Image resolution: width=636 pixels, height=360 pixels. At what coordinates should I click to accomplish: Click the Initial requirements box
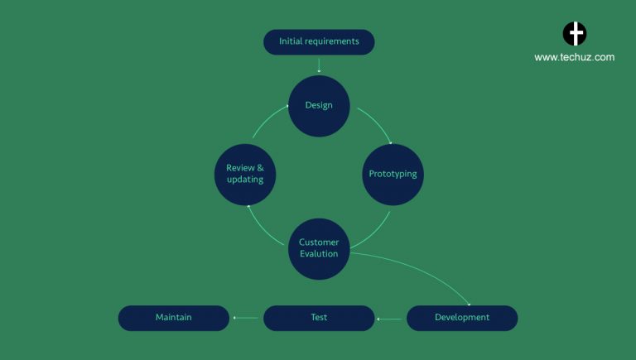(x=319, y=41)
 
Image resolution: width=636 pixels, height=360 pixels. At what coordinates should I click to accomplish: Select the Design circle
(x=319, y=106)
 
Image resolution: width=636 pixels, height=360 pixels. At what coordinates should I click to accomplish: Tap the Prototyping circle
(x=393, y=175)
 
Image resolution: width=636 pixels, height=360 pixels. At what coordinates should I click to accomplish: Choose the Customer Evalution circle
(x=319, y=248)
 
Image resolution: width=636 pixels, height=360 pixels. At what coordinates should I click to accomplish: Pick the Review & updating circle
(x=244, y=175)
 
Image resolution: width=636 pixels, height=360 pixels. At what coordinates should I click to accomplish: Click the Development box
(x=462, y=318)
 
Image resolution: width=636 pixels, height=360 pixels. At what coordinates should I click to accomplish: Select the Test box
(x=319, y=318)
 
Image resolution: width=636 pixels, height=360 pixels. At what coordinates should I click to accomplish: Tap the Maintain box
(x=174, y=318)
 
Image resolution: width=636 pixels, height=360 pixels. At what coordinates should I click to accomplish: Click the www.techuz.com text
(x=574, y=58)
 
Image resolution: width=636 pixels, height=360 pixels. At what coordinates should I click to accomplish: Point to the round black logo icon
(x=575, y=34)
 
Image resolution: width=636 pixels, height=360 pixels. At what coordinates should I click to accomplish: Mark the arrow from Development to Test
(x=391, y=318)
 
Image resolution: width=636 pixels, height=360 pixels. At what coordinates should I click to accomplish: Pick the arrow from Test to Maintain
(x=246, y=318)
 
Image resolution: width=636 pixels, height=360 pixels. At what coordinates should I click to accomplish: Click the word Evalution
(x=319, y=254)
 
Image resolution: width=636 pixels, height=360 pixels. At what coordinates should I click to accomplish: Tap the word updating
(x=244, y=180)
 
